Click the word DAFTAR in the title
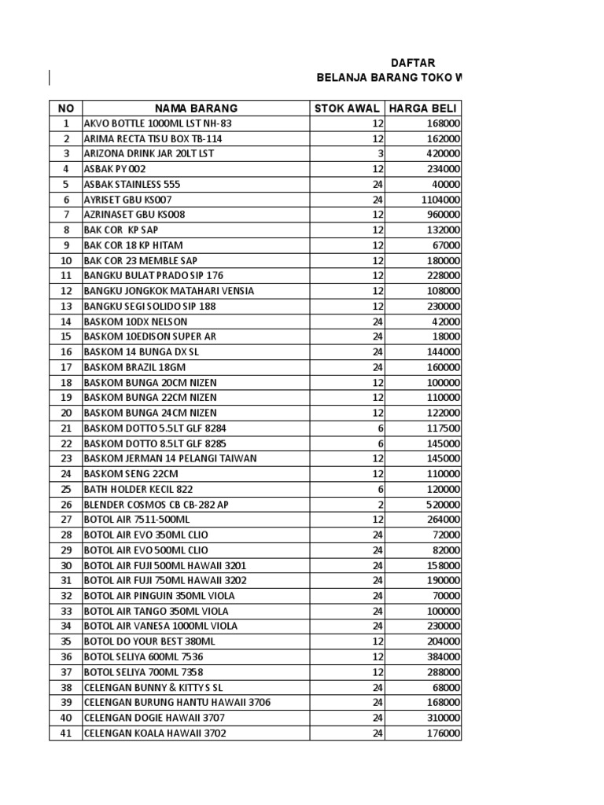(413, 63)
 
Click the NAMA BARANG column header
(196, 108)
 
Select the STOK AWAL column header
(347, 108)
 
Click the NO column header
(66, 108)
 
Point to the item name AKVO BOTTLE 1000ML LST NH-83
(158, 123)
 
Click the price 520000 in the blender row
(444, 504)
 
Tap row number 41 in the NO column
(66, 733)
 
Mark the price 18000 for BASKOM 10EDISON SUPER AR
(447, 336)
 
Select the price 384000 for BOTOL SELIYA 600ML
(444, 657)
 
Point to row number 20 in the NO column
(66, 413)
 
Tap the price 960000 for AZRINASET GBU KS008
(444, 215)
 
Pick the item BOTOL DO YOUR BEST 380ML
(149, 641)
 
